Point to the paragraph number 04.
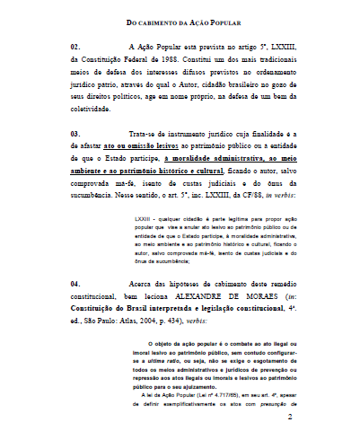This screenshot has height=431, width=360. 75,283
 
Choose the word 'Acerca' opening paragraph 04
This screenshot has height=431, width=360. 145,283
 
